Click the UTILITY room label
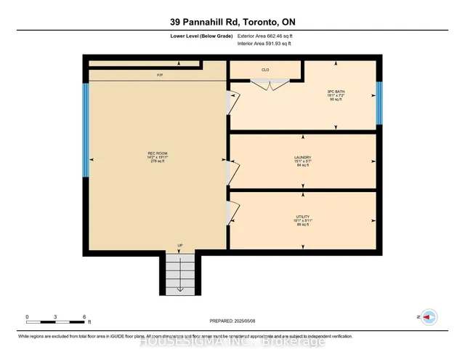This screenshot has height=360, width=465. (303, 215)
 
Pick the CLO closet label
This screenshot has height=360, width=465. (266, 71)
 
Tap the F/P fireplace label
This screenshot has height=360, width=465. (159, 76)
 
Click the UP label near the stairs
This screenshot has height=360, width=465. (179, 245)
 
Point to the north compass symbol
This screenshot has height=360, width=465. (429, 317)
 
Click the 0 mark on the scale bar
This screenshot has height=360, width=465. (27, 317)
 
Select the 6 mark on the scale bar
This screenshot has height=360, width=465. (85, 317)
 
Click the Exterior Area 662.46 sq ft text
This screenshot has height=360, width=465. (267, 35)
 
